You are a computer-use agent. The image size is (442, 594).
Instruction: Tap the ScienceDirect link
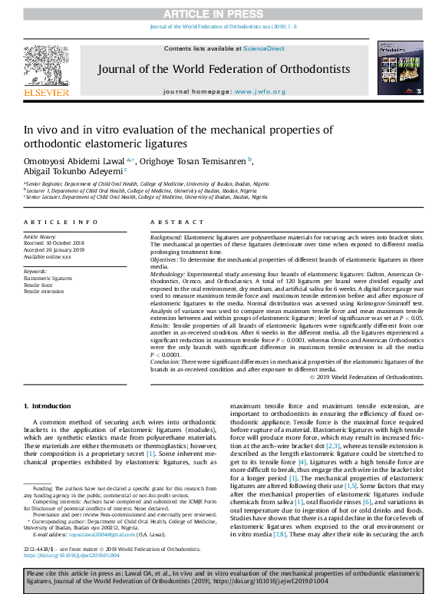(x=264, y=49)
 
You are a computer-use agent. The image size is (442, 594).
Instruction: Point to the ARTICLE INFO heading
(x=61, y=222)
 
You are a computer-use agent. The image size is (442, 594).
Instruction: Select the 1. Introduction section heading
(x=48, y=405)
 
